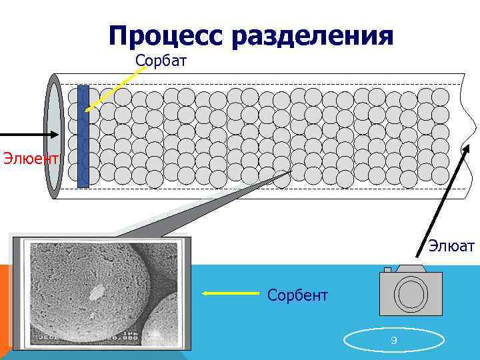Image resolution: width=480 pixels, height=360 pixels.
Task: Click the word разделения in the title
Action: [x=313, y=36]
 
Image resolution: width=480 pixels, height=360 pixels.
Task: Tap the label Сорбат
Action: [x=161, y=61]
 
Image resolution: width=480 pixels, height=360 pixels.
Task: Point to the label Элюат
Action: [x=451, y=247]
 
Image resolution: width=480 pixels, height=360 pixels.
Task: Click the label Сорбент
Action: [x=297, y=294]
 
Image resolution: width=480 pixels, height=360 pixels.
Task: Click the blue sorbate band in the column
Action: [x=83, y=137]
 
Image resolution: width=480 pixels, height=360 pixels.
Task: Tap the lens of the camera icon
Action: [x=412, y=293]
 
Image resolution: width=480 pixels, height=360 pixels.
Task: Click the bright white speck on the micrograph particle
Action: [x=97, y=291]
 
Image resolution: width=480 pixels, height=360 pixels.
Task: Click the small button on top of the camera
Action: [x=387, y=269]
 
